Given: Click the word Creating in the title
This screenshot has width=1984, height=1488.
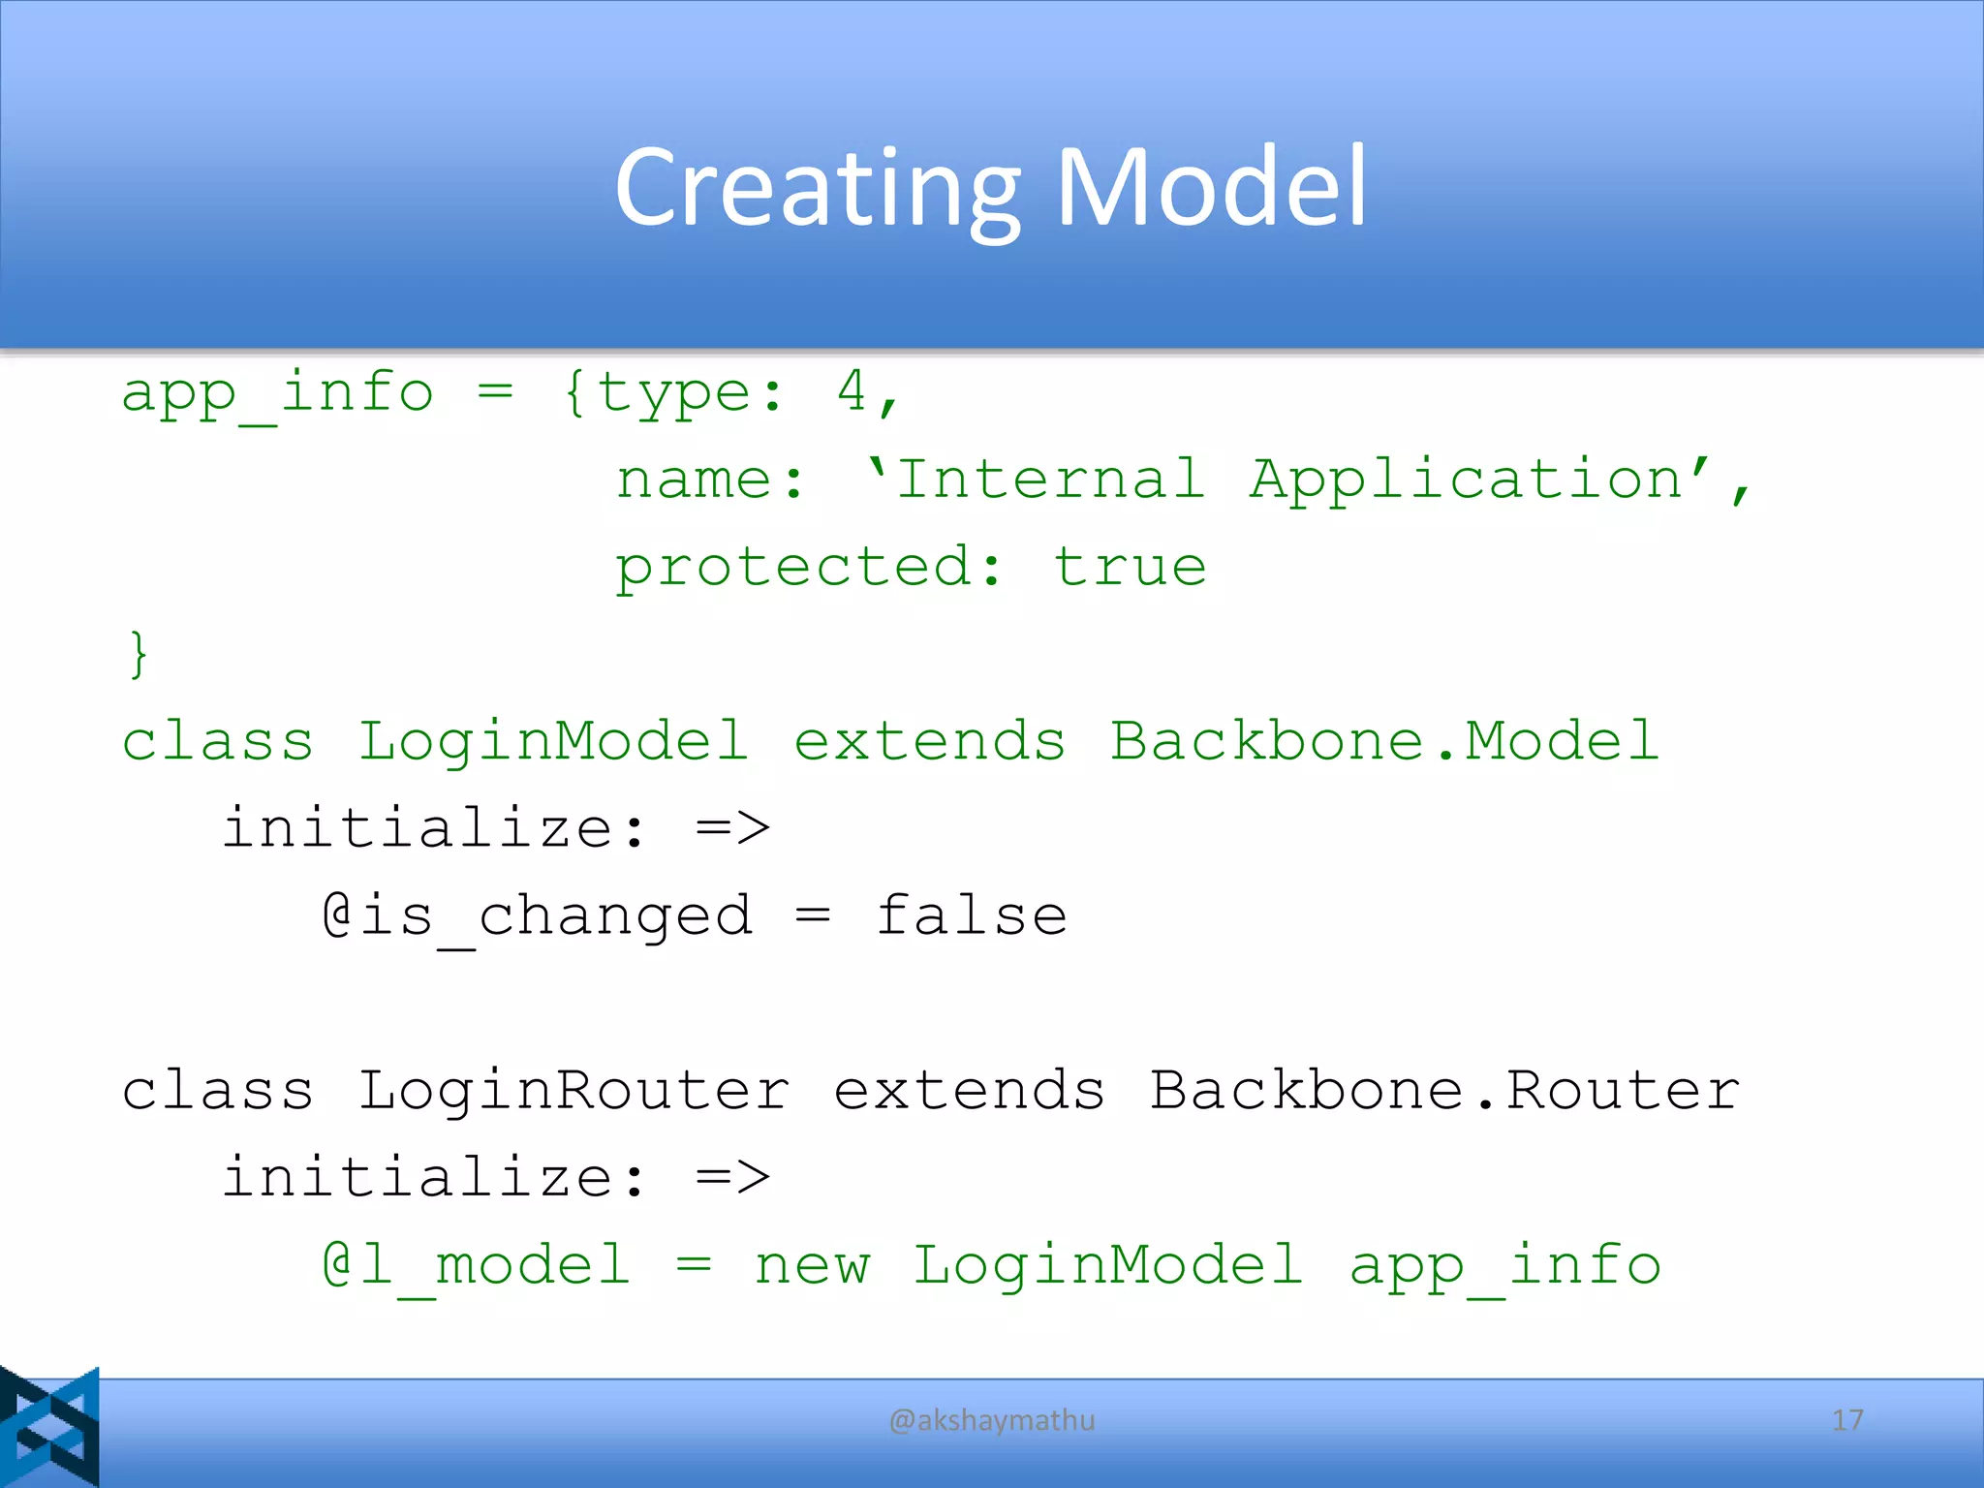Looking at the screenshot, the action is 817,189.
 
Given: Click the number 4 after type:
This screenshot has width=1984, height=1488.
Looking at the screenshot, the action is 852,392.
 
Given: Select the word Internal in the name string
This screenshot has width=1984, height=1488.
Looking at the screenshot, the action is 1050,480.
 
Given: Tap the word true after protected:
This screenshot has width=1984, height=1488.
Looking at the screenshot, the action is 1130,567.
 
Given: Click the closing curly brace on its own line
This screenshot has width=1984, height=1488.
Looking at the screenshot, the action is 139,654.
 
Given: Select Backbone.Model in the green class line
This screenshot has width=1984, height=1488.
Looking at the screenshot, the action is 1384,742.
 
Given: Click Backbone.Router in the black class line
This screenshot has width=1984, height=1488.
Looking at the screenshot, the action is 1444,1091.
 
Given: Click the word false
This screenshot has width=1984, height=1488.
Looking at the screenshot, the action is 972,916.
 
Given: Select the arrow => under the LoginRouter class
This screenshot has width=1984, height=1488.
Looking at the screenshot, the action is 732,1178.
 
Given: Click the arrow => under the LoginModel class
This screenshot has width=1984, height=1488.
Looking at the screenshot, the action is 732,829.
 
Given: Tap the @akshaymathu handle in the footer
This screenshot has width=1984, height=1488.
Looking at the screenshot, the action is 992,1420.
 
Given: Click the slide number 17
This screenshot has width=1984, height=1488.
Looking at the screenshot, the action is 1847,1420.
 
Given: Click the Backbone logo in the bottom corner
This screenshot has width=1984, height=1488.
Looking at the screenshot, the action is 49,1427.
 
